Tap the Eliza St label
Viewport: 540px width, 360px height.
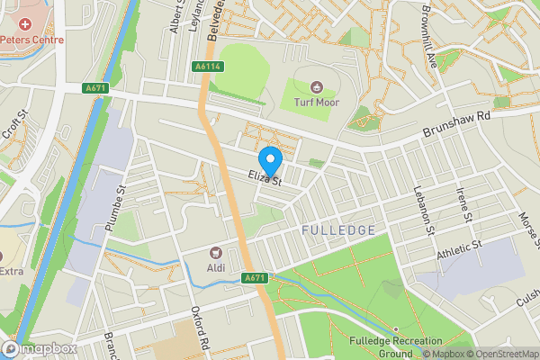[266, 177]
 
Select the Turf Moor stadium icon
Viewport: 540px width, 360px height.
[316, 87]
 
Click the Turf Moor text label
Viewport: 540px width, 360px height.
[316, 102]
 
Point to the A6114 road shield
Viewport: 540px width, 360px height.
[207, 67]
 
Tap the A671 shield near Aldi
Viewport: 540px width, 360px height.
[255, 279]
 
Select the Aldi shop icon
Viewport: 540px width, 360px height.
[215, 253]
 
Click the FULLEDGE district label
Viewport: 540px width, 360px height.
[338, 230]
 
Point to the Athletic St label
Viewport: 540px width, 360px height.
[460, 249]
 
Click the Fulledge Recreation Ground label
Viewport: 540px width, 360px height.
[396, 346]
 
